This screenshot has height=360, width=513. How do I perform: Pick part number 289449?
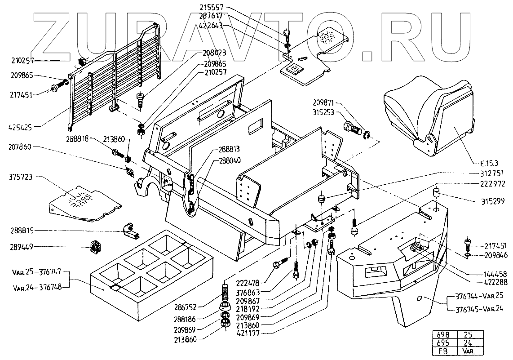tap(22, 246)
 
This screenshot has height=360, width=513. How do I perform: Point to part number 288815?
tap(22, 231)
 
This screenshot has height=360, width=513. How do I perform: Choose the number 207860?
tap(22, 147)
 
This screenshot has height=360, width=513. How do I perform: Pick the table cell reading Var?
tap(468, 351)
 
